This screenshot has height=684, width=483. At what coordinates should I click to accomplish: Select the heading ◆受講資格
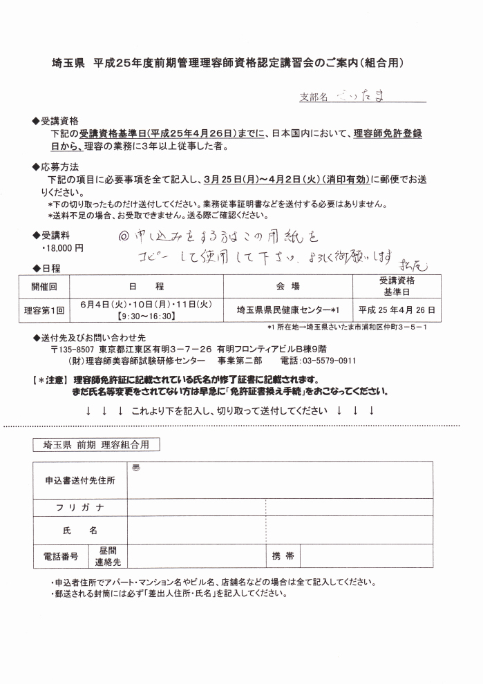[55, 121]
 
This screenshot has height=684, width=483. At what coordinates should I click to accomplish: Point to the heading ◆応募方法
[55, 167]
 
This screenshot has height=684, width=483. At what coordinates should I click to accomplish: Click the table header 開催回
[44, 285]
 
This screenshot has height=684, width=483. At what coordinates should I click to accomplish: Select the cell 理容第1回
[44, 310]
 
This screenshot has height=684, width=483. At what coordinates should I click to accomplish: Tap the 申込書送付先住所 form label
[80, 479]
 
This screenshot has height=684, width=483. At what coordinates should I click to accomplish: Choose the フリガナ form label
[80, 508]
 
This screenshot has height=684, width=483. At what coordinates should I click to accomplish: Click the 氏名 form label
[80, 531]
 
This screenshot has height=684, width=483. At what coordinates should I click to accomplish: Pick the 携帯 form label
[283, 555]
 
